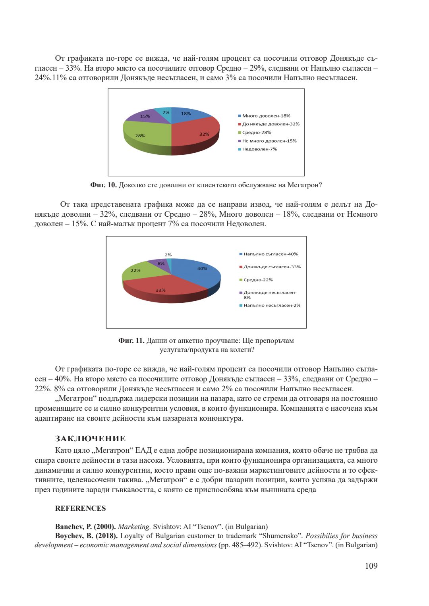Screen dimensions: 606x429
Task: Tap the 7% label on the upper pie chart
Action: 166,113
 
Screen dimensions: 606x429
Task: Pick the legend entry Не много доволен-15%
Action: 269,141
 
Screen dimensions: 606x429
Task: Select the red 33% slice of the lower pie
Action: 163,288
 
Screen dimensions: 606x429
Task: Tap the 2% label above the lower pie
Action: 168,255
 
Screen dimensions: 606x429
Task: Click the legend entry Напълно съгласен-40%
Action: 271,254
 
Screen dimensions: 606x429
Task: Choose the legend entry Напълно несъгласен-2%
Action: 272,306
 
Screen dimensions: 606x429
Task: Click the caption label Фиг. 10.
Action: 103,185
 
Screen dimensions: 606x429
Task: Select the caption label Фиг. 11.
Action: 131,341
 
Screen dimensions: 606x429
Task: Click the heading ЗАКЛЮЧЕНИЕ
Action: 90,439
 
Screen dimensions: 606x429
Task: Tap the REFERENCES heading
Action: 80,508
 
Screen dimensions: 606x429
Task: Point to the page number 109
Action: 371,566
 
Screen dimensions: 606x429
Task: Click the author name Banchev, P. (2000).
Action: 85,527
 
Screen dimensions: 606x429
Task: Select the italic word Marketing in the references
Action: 134,527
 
